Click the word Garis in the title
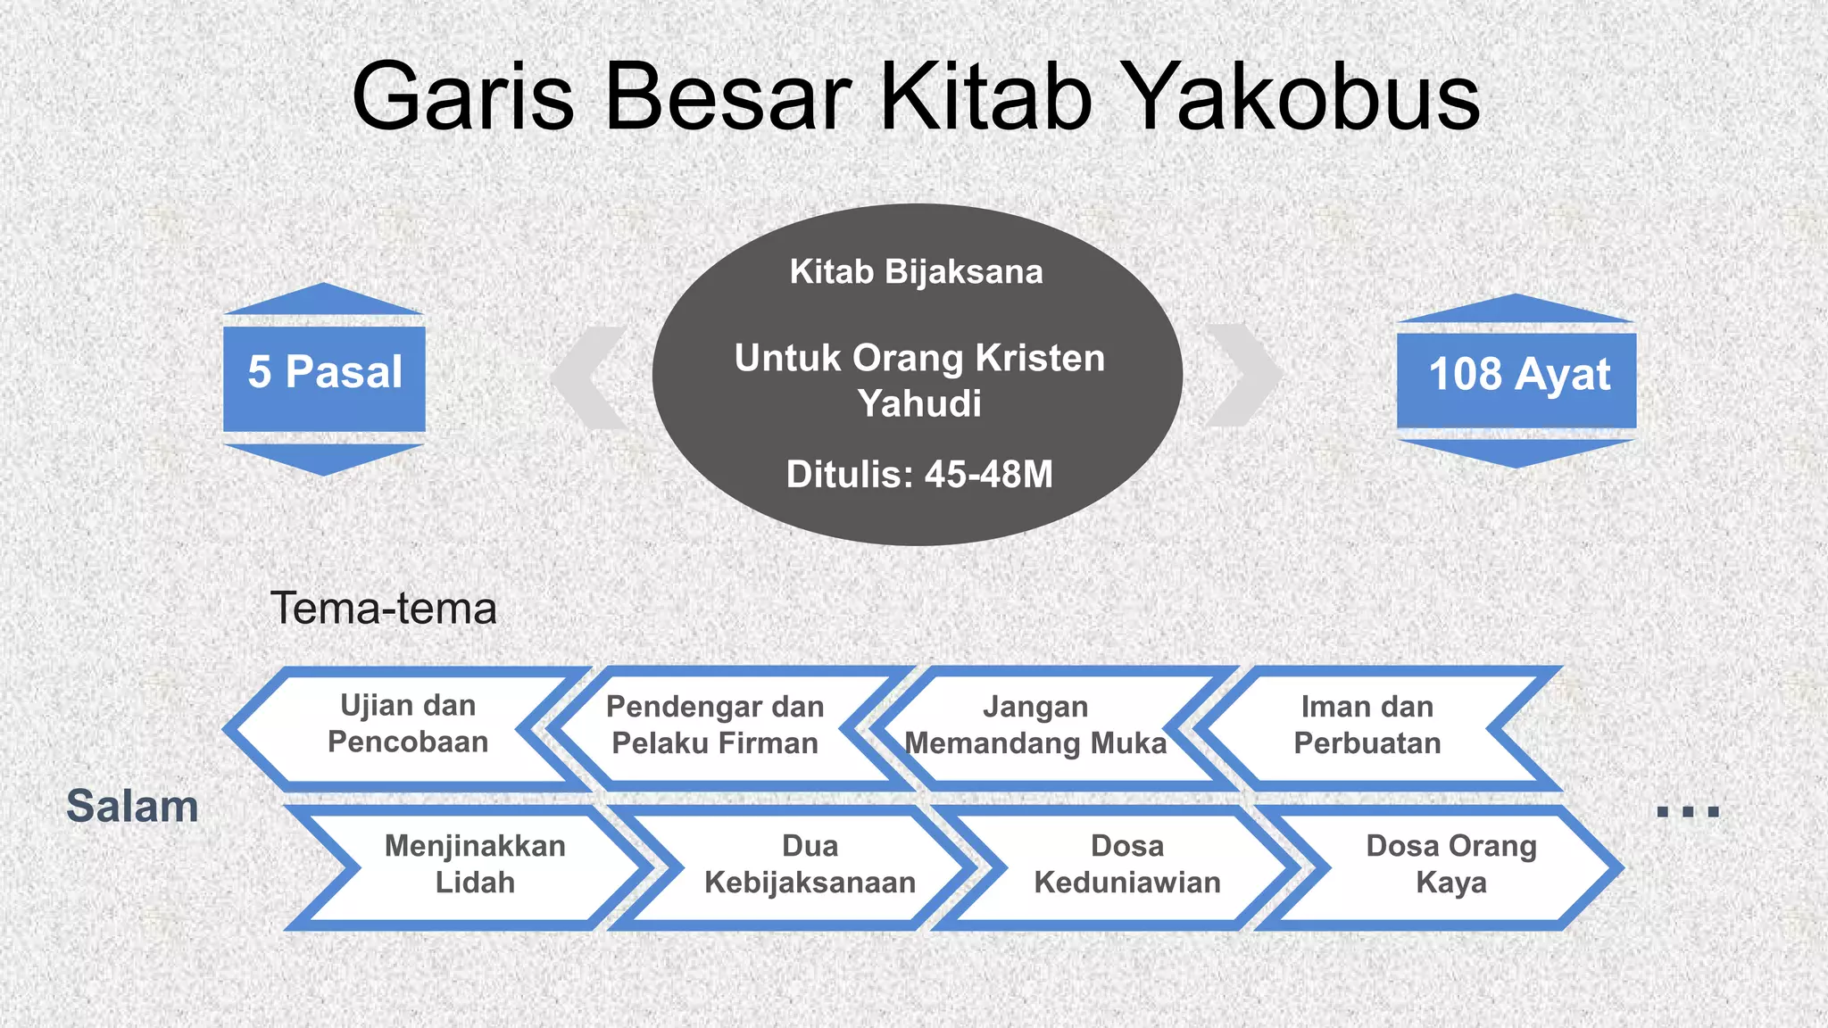point(463,96)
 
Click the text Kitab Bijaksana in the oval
point(916,272)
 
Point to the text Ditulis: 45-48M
point(919,475)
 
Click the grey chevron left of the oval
point(591,377)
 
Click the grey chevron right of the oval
point(1243,375)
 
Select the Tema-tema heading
point(383,609)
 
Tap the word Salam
point(132,807)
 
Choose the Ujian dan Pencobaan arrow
point(407,725)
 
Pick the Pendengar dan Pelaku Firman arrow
point(714,725)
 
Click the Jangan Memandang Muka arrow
point(1035,725)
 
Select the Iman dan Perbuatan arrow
point(1367,725)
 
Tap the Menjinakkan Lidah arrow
point(475,864)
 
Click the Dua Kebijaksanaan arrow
point(810,864)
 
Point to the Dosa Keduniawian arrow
point(1126,864)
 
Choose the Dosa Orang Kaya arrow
point(1450,864)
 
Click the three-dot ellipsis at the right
point(1687,811)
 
